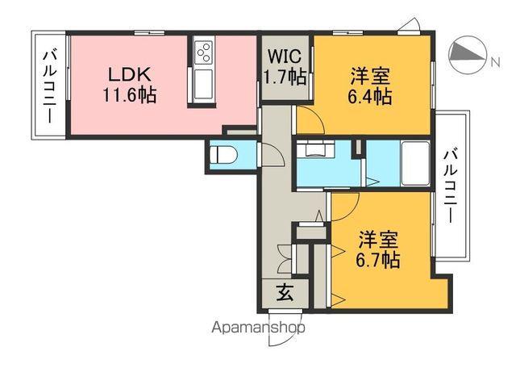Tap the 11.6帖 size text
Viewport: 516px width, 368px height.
[129, 94]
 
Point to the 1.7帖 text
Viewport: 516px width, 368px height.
[284, 77]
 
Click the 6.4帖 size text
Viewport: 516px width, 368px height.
[371, 97]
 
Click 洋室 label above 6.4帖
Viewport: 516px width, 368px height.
[371, 77]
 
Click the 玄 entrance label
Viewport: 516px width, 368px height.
[285, 294]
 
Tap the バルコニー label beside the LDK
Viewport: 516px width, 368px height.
[49, 84]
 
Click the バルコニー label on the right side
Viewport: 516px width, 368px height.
[451, 186]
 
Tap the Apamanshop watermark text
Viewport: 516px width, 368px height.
[257, 327]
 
